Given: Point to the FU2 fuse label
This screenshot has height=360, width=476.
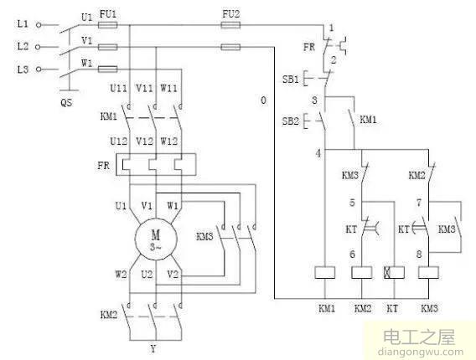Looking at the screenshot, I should [x=230, y=14].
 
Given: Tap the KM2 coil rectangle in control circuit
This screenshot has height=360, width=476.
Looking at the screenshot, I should [x=362, y=273].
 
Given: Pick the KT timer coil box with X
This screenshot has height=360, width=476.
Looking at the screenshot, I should [x=392, y=273].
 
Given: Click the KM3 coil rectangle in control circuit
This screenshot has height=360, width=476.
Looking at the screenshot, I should [x=430, y=273].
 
